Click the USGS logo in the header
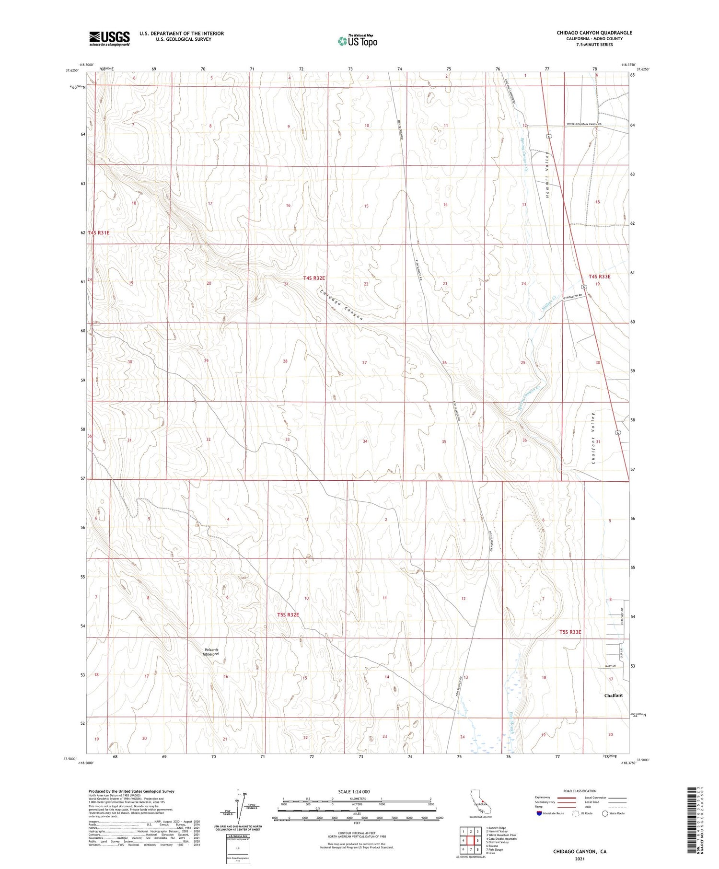109,38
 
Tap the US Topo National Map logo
357,41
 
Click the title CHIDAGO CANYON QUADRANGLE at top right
594,33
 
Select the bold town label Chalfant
613,695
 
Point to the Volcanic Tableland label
210,652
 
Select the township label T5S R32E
288,614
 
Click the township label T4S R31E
99,232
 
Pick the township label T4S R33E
599,277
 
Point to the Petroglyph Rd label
572,296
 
